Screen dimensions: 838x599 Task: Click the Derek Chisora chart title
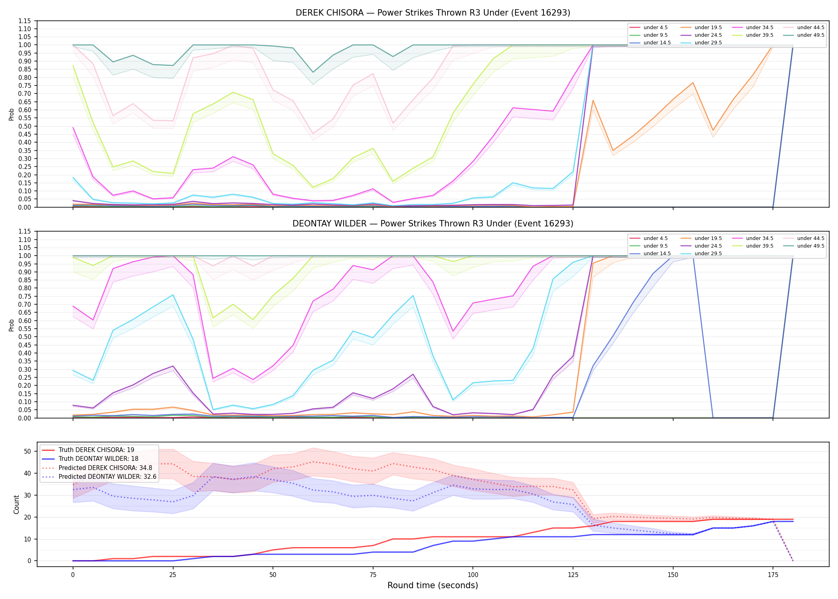point(433,13)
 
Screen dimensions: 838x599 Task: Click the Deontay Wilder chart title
point(433,224)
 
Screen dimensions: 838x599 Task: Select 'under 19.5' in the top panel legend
point(708,28)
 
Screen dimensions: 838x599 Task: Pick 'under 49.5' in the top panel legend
point(810,35)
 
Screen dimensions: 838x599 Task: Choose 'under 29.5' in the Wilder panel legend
point(708,254)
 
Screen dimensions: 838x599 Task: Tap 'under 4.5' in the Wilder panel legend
point(655,238)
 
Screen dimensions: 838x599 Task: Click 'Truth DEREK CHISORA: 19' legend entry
point(96,450)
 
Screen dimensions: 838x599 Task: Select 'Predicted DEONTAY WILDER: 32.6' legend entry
point(107,477)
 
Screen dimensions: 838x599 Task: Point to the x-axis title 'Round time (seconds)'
point(433,585)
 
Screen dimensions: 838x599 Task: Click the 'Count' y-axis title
point(16,504)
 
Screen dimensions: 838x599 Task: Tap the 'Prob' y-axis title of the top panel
point(12,114)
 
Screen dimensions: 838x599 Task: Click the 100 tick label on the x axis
point(472,575)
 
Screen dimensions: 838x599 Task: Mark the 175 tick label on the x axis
point(773,575)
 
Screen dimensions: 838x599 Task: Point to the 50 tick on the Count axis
point(28,451)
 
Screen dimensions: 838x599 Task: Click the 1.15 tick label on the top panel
point(24,21)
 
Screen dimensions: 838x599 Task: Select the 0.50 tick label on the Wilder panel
point(24,337)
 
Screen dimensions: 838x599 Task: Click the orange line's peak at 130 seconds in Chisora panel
point(593,100)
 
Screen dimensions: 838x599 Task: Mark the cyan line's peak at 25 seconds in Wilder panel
point(173,295)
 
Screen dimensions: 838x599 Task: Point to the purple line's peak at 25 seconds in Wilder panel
point(173,366)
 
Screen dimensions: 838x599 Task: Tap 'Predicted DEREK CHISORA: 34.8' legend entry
point(105,468)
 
